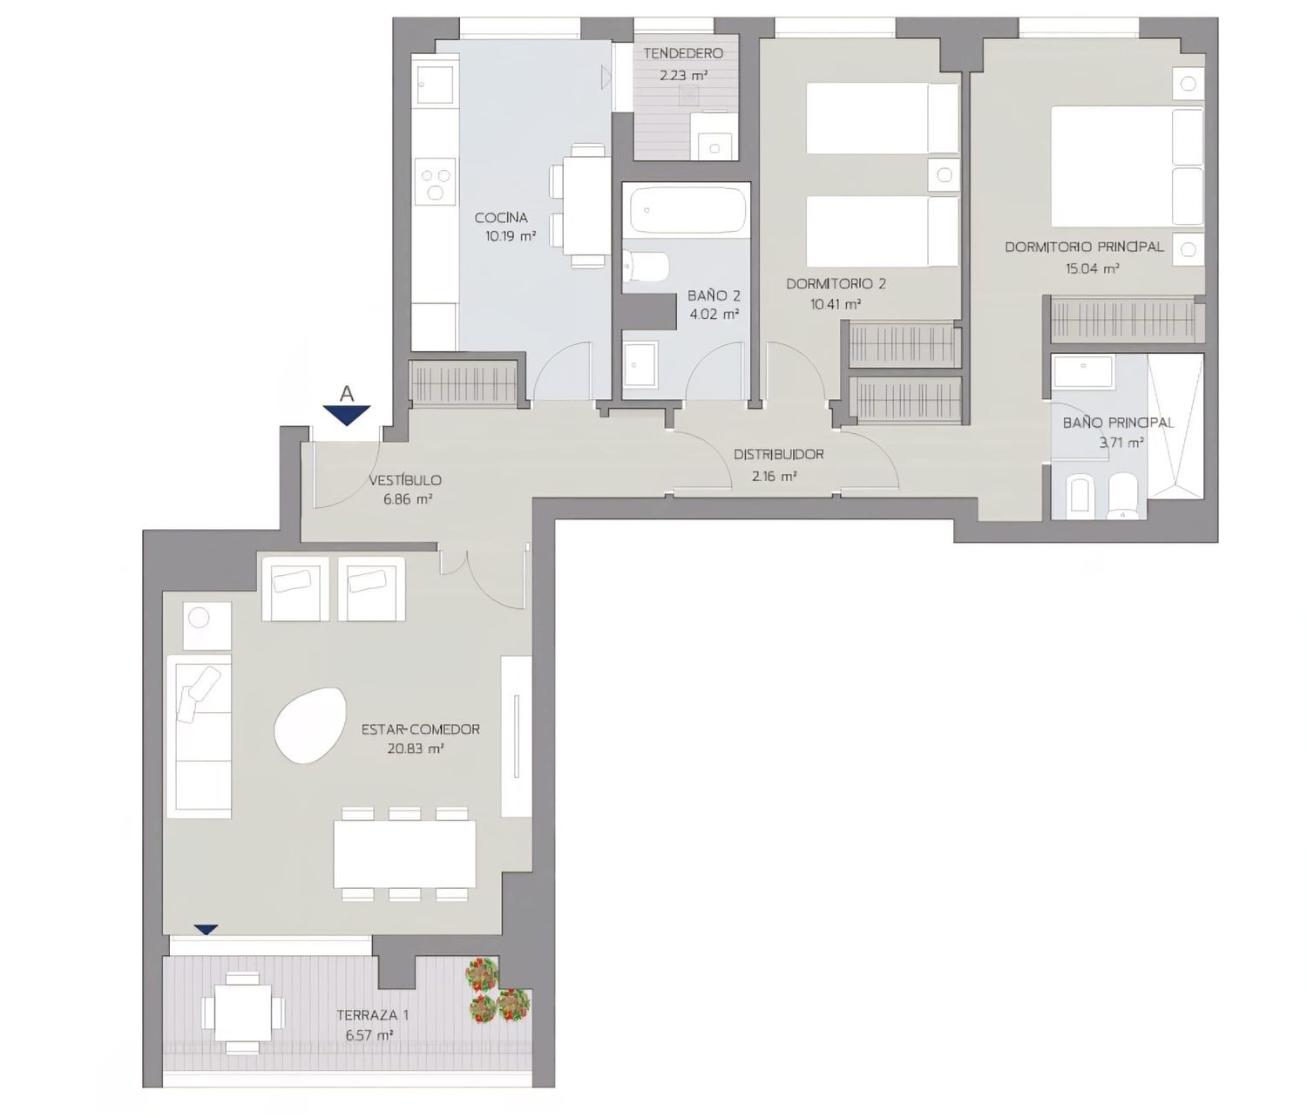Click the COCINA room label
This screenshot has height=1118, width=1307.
(501, 218)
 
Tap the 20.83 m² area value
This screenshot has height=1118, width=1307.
(415, 749)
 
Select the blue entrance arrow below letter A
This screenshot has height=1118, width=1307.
(347, 415)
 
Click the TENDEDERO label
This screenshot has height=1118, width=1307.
(683, 54)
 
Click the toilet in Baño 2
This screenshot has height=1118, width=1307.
(646, 267)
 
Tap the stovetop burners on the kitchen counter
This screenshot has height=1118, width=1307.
(435, 181)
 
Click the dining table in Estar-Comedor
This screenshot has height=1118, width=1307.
(404, 854)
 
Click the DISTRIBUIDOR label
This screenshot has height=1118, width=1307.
(778, 454)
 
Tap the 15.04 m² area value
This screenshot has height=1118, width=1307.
(1093, 268)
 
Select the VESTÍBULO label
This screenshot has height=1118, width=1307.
(405, 480)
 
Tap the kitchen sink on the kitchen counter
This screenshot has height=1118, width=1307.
(435, 84)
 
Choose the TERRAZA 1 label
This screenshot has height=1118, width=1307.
(372, 1015)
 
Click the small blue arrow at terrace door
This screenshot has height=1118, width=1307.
(207, 930)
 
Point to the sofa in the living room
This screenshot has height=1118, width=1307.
(199, 736)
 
